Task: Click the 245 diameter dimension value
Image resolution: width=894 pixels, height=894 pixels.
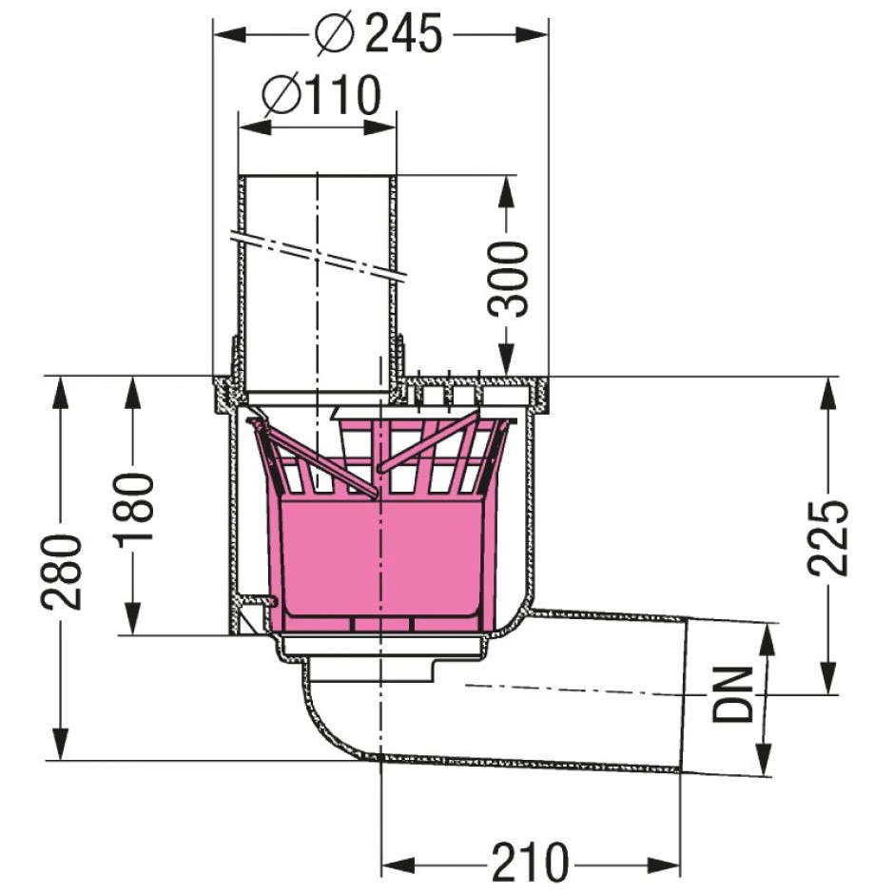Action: [403, 33]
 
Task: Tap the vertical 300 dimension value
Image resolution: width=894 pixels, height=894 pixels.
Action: [508, 279]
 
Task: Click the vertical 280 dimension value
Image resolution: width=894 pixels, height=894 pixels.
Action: [62, 572]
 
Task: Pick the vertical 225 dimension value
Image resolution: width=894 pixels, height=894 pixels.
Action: [828, 537]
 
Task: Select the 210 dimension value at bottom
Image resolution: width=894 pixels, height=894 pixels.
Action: [531, 862]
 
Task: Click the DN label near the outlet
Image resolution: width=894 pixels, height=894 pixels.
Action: [732, 694]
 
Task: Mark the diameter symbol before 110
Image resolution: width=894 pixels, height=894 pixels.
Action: [282, 96]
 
